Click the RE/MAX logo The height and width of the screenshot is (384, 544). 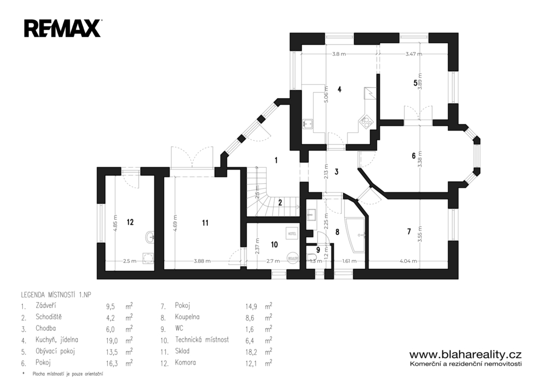(62, 28)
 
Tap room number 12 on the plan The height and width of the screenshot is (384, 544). (130, 222)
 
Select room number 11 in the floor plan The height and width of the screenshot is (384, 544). (205, 223)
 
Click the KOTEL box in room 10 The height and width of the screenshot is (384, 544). (292, 234)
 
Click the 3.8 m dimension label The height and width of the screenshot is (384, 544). (339, 54)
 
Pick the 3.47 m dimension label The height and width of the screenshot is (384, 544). (413, 54)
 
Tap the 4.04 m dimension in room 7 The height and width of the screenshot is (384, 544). (407, 261)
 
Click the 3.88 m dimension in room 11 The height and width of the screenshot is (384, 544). (202, 261)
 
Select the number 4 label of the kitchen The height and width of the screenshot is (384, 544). (339, 89)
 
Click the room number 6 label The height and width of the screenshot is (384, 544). (413, 156)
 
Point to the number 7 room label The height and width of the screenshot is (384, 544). (409, 231)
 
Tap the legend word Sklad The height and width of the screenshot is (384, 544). (182, 351)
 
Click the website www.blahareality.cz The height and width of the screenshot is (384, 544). (465, 354)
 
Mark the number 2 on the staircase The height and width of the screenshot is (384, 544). (279, 202)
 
